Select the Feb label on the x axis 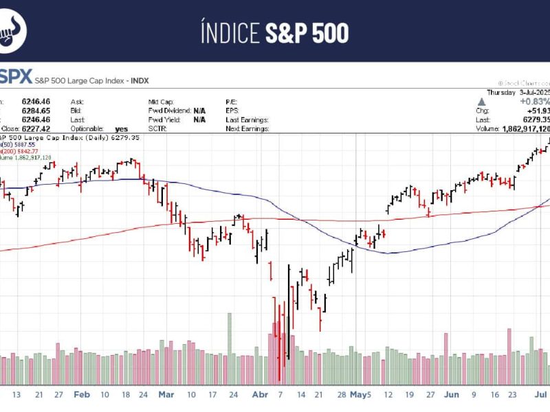point(82,395)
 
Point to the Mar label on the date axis point(167,395)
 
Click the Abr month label point(260,395)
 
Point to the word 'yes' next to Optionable point(122,128)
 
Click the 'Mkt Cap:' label point(162,101)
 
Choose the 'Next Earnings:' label point(247,128)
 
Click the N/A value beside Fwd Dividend point(199,110)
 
